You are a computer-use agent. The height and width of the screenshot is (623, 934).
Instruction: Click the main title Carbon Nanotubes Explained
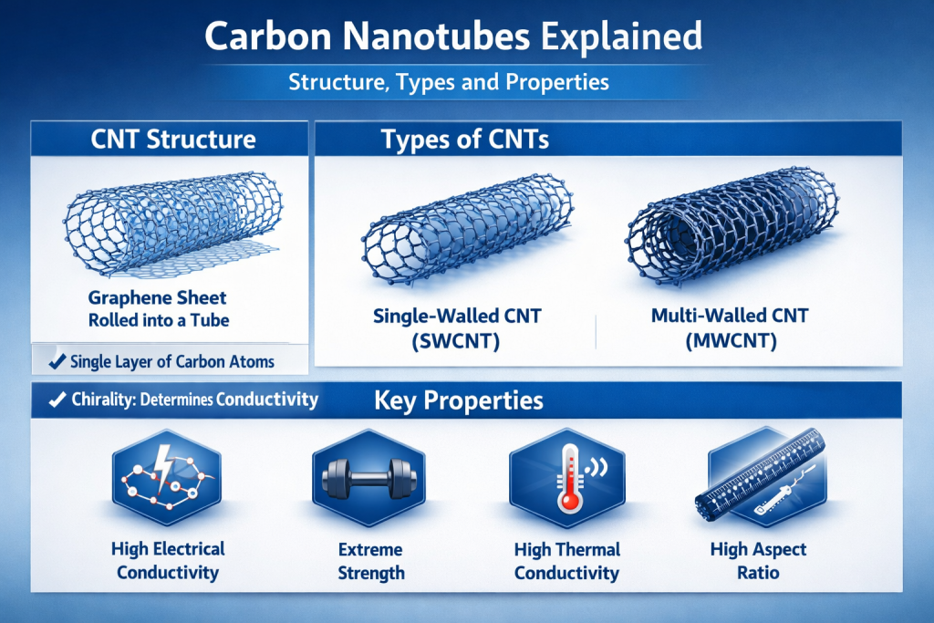[453, 37]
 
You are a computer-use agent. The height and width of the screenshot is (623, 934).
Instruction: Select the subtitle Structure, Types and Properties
[448, 82]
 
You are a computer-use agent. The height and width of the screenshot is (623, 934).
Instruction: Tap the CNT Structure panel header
[173, 139]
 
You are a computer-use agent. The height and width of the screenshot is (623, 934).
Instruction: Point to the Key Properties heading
[459, 400]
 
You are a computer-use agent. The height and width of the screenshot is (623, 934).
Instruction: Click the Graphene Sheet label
[157, 298]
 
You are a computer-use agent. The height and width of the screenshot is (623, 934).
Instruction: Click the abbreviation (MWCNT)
[730, 342]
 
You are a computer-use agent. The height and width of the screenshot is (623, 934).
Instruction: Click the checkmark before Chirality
[56, 400]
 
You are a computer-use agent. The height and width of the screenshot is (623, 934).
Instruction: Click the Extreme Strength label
[370, 561]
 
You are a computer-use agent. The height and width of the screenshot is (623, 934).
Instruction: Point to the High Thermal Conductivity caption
[566, 561]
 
